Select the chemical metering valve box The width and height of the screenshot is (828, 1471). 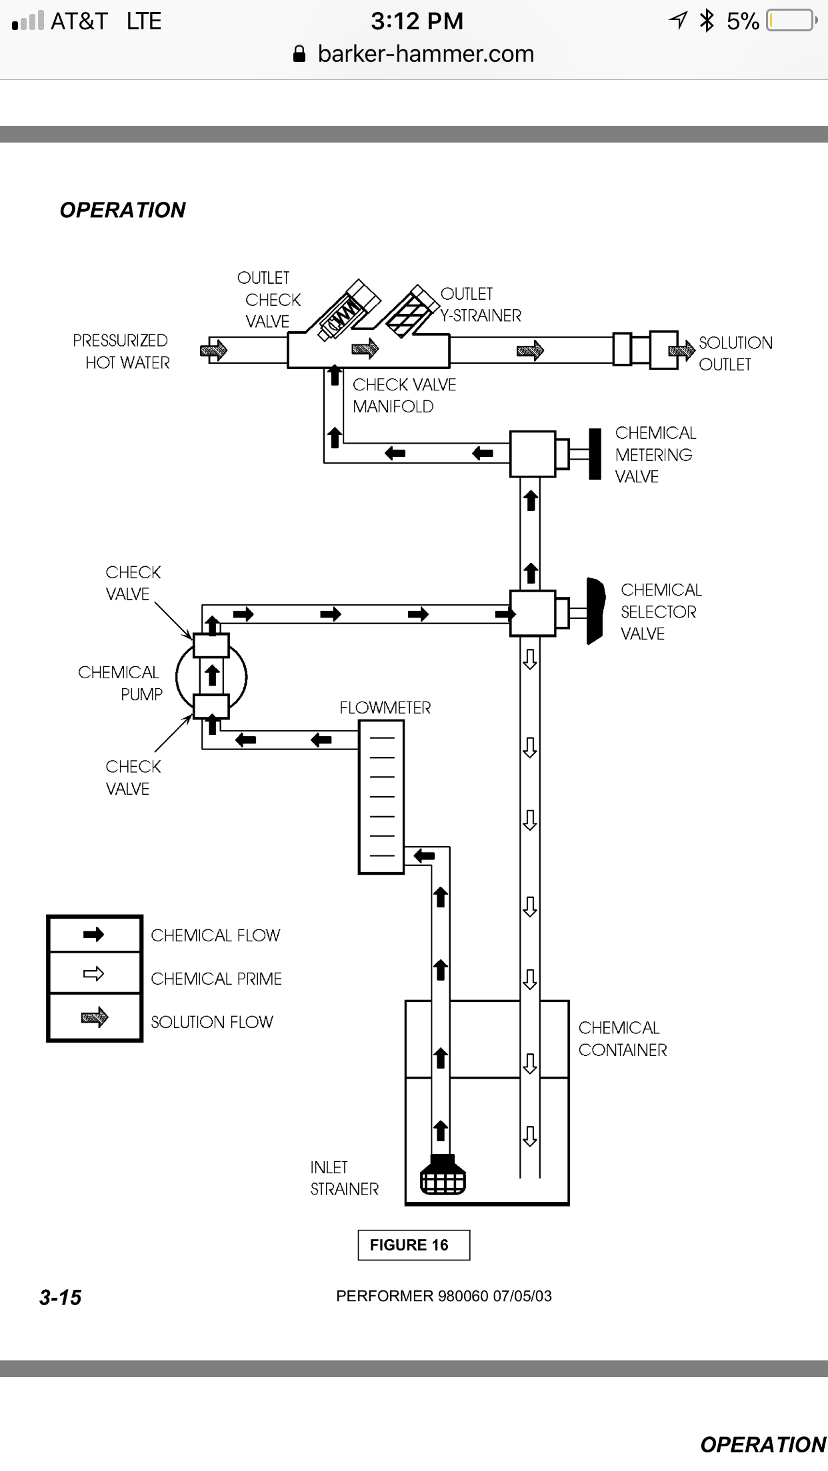(532, 454)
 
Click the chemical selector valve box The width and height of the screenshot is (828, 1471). (532, 613)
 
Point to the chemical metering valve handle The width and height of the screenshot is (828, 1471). (595, 454)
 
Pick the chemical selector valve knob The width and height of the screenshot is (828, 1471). (595, 612)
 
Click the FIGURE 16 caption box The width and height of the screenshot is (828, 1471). (413, 1245)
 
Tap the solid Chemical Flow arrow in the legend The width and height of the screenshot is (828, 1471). (94, 934)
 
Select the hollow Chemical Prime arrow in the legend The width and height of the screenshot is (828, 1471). (94, 974)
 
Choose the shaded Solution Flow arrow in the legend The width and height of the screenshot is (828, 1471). (94, 1017)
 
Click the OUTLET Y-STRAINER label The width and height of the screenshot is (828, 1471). (480, 304)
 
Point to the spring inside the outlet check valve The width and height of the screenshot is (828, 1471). (345, 312)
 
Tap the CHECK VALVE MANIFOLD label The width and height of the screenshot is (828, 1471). (404, 396)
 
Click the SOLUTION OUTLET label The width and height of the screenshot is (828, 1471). (735, 354)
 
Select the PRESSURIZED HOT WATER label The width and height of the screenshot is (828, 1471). (121, 352)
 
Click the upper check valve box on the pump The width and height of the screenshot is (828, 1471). (211, 646)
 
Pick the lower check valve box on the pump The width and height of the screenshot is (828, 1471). (211, 706)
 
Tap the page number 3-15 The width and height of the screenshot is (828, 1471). (60, 1297)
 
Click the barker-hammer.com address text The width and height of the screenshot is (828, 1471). (425, 54)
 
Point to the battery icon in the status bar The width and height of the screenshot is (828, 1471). (791, 21)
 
